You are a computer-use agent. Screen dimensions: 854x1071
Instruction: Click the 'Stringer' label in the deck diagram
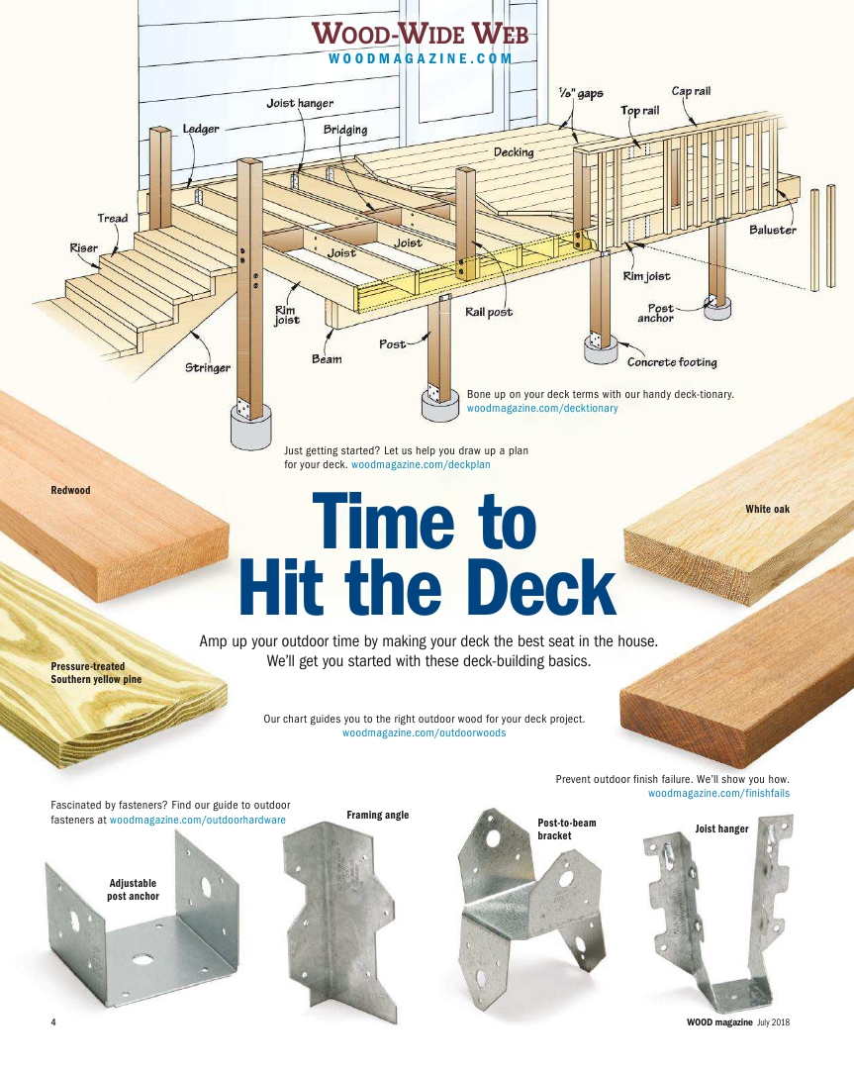tap(208, 368)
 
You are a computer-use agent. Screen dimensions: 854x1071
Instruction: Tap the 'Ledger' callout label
tap(201, 129)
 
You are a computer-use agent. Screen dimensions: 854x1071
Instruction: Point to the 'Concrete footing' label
tap(673, 362)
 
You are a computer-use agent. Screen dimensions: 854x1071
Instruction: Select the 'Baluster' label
tap(773, 230)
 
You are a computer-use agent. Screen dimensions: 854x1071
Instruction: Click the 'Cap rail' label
tap(691, 91)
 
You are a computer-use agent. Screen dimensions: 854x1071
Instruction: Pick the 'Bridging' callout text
tap(345, 130)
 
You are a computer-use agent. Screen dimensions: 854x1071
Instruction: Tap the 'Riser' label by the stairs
tap(83, 247)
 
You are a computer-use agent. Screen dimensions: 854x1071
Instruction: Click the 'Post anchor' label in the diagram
tap(656, 313)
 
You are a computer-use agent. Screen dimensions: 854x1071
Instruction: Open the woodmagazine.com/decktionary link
tap(542, 408)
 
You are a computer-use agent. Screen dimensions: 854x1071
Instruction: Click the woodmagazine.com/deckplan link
tap(421, 464)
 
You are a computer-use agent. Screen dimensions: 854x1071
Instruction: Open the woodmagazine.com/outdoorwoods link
tap(424, 732)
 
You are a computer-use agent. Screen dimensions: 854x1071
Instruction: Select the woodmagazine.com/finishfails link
tap(718, 793)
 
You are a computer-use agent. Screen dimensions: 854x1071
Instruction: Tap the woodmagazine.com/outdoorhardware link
tap(197, 820)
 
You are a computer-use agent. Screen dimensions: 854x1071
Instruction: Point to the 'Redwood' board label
tap(70, 490)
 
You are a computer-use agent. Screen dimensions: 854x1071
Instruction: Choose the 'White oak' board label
tap(767, 509)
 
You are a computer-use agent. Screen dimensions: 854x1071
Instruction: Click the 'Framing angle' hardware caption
tap(377, 815)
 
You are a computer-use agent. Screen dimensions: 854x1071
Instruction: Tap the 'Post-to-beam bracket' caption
tap(567, 829)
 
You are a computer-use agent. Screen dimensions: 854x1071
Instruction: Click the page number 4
tap(53, 1022)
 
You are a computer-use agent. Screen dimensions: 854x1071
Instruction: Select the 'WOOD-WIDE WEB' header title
tap(420, 34)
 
